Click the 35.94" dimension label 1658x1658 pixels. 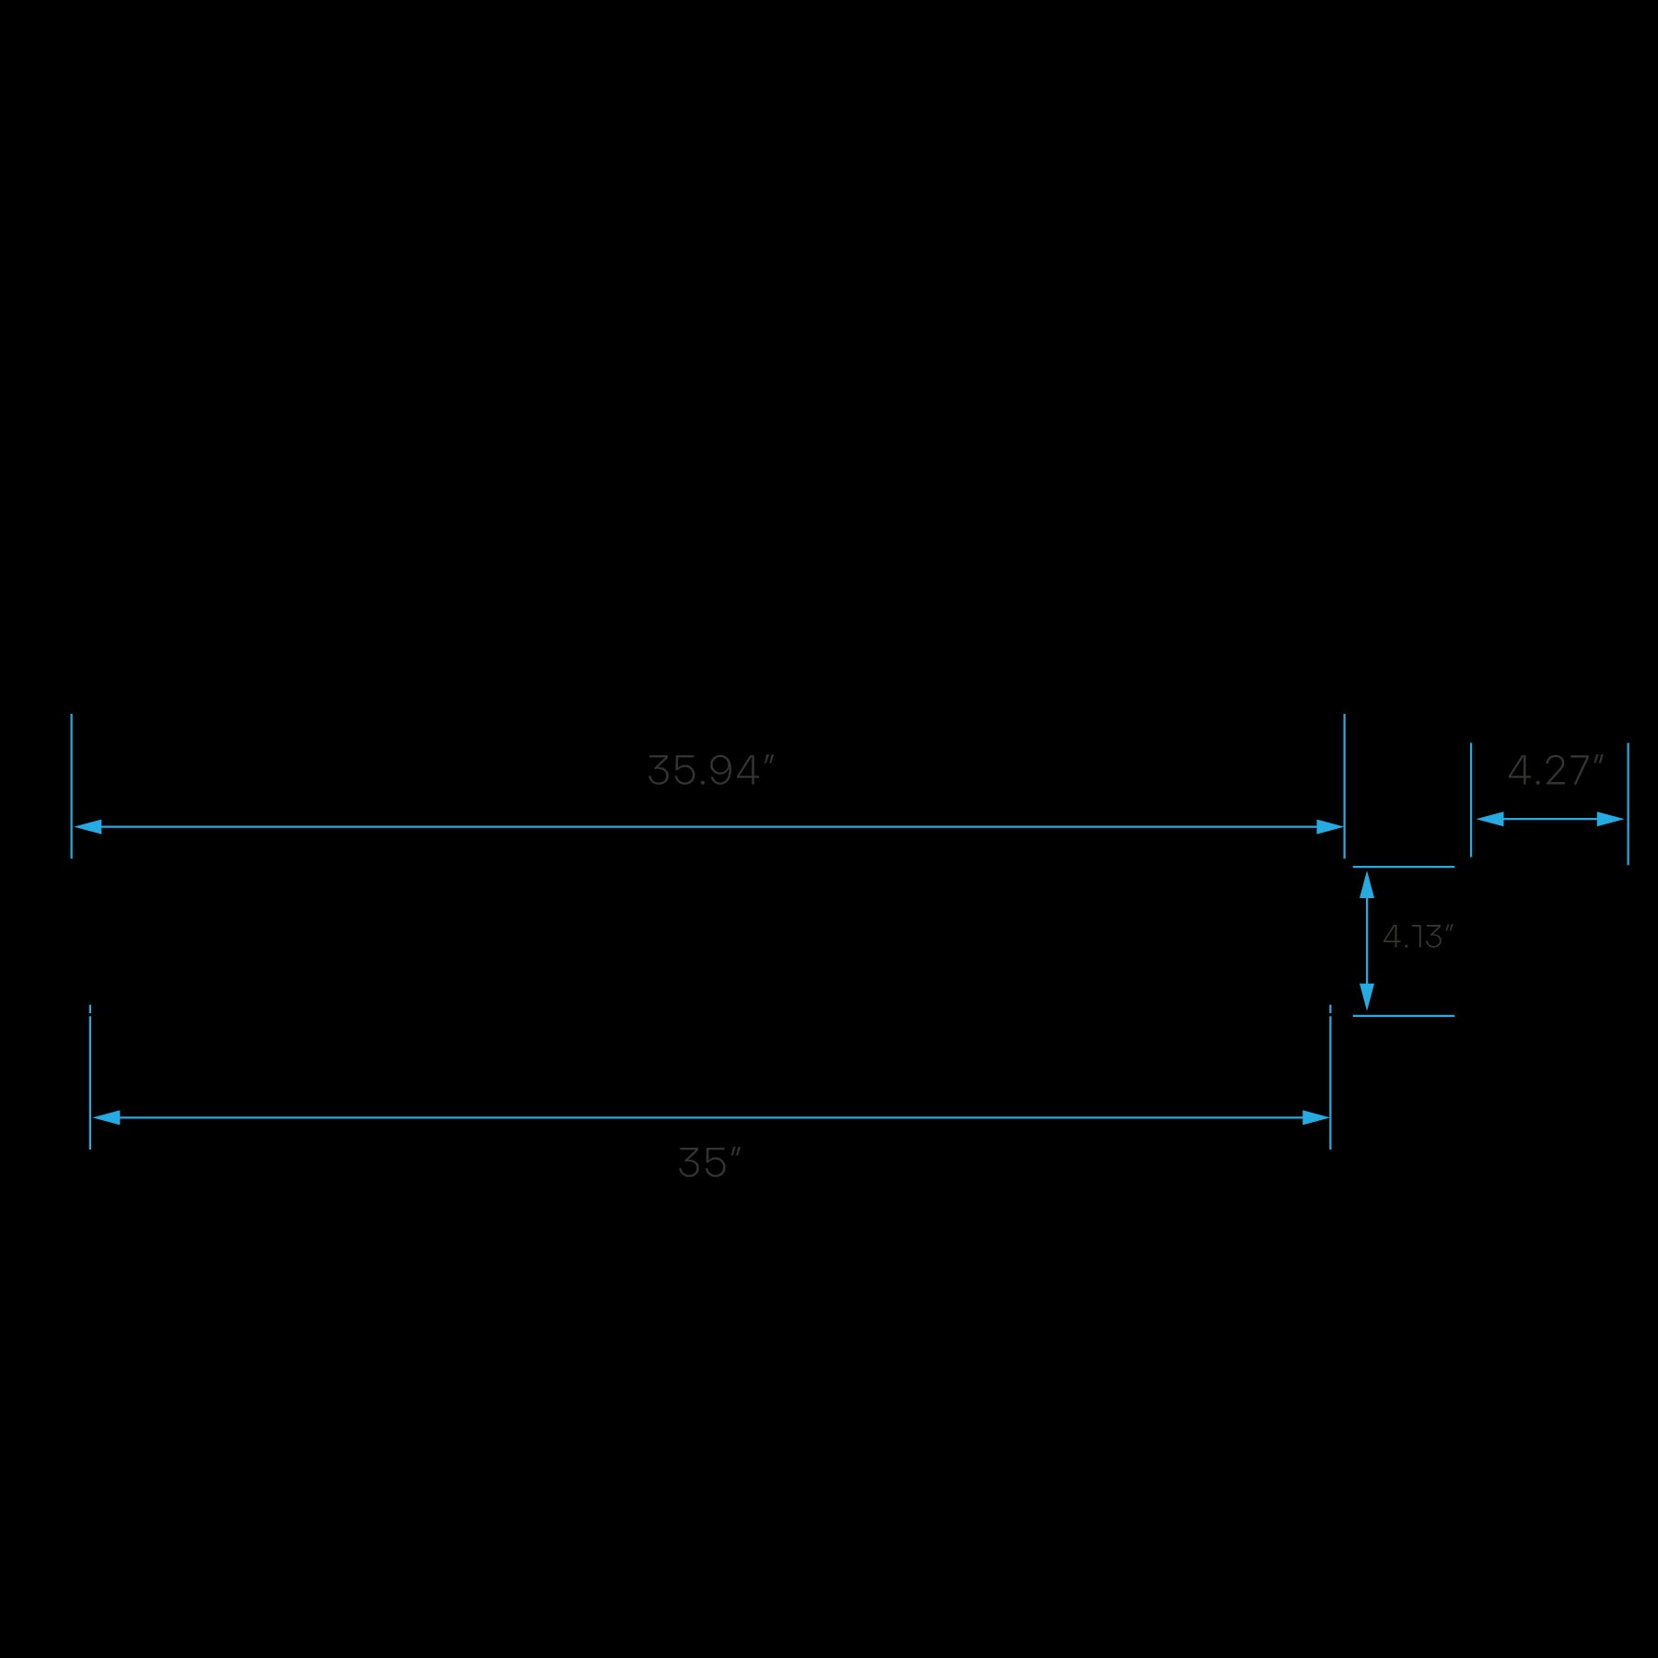(710, 771)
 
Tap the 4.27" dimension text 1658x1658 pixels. (1555, 771)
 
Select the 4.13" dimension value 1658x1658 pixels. (1417, 937)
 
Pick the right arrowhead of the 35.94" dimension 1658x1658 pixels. (1329, 826)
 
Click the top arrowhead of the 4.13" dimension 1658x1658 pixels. (1367, 885)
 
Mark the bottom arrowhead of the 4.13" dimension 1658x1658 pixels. (1367, 996)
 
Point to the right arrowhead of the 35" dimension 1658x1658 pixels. (1315, 1117)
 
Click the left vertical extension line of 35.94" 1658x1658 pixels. (71, 785)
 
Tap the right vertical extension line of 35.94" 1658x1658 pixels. (1344, 785)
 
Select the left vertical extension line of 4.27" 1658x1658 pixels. (1471, 799)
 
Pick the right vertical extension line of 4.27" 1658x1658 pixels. (1628, 803)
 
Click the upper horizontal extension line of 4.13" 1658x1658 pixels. (1403, 867)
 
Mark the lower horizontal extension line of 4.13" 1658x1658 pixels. (1403, 1016)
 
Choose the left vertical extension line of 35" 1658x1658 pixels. (89, 1078)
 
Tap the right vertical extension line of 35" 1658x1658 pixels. (1330, 1078)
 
